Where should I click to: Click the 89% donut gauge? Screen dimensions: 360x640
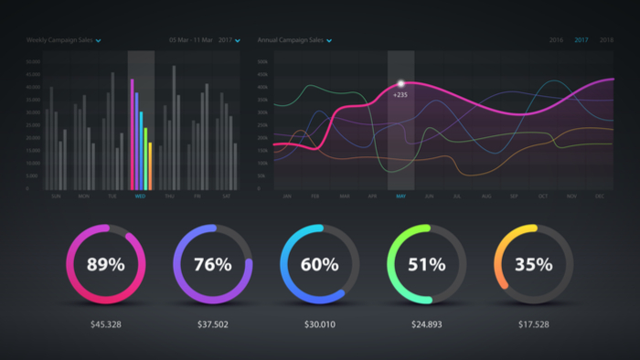105,265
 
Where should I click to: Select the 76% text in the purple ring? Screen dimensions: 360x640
212,265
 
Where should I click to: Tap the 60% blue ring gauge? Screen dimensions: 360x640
319,265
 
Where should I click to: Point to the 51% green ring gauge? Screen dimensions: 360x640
426,265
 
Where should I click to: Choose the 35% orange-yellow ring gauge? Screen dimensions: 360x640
533,265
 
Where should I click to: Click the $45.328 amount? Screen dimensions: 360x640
105,323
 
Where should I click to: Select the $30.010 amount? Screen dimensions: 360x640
319,323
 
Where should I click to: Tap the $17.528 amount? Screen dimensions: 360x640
533,323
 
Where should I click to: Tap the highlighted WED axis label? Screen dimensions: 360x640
140,196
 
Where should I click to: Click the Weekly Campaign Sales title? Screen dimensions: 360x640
59,40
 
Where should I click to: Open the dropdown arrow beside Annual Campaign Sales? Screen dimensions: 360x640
328,41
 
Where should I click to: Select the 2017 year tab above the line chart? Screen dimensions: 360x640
581,40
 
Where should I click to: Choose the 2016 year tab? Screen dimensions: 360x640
556,40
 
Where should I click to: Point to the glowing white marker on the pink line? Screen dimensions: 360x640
400,84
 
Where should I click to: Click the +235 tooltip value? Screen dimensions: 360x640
400,94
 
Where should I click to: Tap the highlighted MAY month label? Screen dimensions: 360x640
400,196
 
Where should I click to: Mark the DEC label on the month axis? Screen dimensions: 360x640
598,196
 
